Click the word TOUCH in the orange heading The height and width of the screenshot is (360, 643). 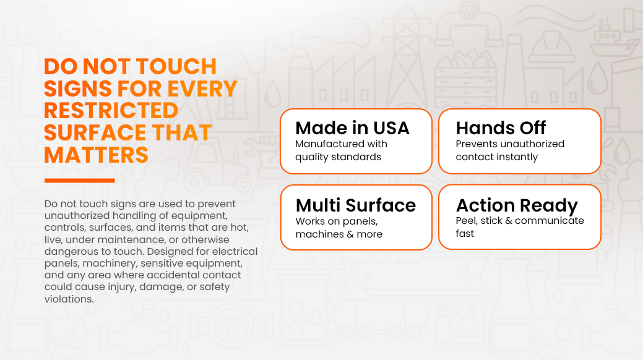tap(176, 66)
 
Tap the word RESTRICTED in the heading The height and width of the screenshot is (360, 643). tap(111, 111)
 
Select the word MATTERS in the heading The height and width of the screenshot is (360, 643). tap(97, 155)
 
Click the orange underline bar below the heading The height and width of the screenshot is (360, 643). tap(80, 181)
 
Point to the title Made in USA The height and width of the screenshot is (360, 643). tap(352, 128)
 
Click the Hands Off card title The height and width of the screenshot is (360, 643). tap(501, 128)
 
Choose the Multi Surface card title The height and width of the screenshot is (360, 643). tap(355, 205)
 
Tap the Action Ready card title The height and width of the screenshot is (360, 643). tap(517, 205)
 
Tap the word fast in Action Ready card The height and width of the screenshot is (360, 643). tap(465, 234)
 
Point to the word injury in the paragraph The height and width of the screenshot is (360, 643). tap(122, 287)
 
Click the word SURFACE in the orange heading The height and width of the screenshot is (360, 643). tap(95, 133)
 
